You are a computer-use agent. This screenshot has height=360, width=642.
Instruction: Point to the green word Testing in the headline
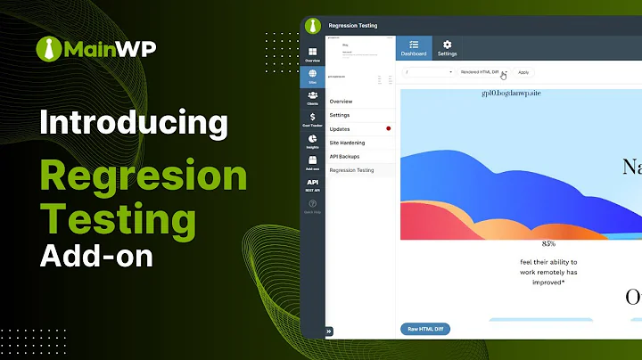click(118, 217)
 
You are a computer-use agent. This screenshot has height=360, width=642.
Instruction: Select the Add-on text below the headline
click(96, 256)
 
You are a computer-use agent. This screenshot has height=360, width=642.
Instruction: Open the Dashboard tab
click(414, 48)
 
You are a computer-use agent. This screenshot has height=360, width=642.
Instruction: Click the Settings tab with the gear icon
click(448, 48)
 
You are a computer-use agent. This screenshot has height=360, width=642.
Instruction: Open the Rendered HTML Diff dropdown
click(483, 72)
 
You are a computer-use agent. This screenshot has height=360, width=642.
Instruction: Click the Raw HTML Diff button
click(425, 329)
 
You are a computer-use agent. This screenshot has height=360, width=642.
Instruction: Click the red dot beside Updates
click(389, 129)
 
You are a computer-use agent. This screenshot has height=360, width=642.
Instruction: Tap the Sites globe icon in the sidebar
click(313, 76)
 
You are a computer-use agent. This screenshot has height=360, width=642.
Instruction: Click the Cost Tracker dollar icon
click(313, 119)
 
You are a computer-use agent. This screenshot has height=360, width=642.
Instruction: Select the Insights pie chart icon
click(313, 140)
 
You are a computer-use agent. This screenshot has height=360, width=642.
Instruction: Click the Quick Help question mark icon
click(313, 204)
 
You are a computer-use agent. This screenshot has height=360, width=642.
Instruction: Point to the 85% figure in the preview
click(548, 243)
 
